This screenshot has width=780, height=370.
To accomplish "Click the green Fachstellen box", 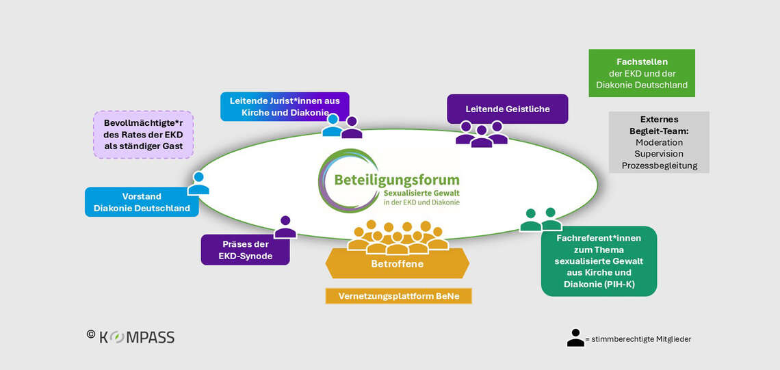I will [641, 73].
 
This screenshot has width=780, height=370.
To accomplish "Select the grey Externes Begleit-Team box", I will [658, 142].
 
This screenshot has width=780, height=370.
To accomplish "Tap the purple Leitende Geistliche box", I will [507, 109].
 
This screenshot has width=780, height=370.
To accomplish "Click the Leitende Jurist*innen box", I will [284, 106].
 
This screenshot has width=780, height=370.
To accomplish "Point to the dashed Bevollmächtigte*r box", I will [143, 134].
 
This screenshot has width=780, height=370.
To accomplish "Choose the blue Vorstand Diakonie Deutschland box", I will [142, 202].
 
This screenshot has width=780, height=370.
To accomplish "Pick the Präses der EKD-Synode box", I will [245, 250].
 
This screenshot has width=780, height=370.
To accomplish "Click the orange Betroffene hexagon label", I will [397, 264].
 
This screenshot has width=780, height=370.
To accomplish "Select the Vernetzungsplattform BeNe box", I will [399, 296].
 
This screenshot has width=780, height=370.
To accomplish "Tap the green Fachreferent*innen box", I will [599, 261].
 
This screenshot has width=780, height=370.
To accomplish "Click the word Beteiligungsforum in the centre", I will [397, 180].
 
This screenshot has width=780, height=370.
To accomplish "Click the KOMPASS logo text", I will [137, 337].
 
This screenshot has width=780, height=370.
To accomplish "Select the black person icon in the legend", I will [575, 338].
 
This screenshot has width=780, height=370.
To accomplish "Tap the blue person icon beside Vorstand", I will [198, 183].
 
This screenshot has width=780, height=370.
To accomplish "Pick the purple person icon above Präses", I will [285, 227].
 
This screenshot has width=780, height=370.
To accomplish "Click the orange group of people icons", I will [398, 237].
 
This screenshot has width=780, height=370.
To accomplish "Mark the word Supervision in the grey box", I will [658, 154].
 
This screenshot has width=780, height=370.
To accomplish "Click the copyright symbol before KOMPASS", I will [90, 334].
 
